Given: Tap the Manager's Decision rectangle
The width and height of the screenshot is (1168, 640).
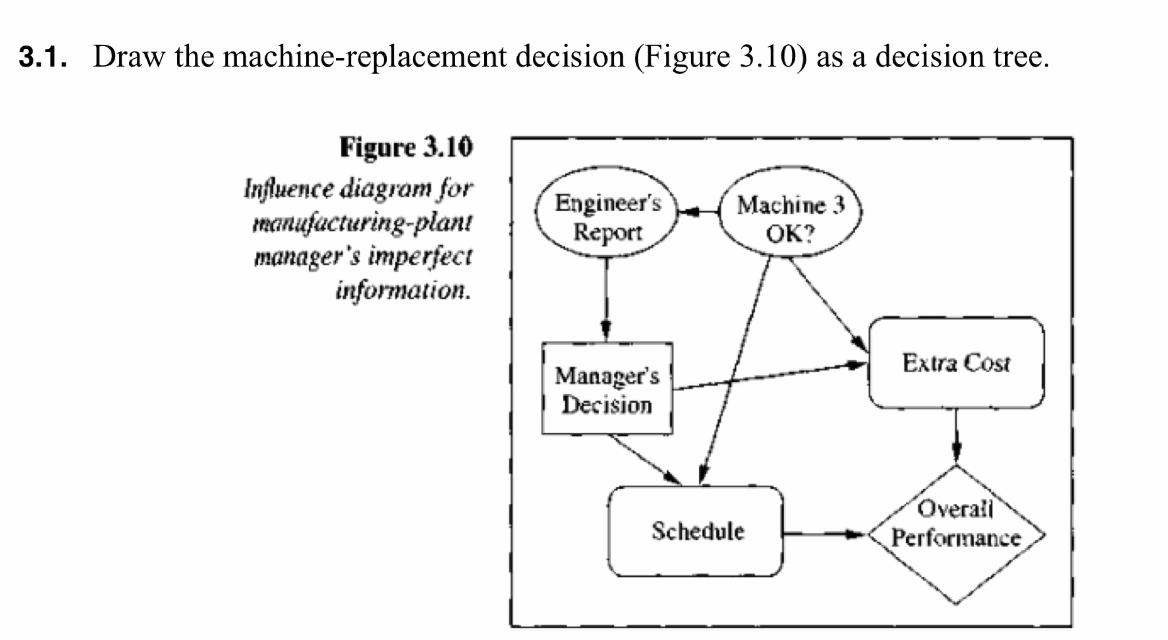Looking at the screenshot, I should [607, 389].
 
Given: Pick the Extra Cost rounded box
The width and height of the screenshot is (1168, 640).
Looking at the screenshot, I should [956, 363].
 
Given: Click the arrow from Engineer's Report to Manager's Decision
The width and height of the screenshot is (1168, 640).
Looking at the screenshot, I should [606, 299].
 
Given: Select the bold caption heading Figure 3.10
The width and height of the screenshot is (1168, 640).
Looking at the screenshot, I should [406, 147].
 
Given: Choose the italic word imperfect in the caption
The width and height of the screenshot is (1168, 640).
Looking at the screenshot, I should [420, 257].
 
